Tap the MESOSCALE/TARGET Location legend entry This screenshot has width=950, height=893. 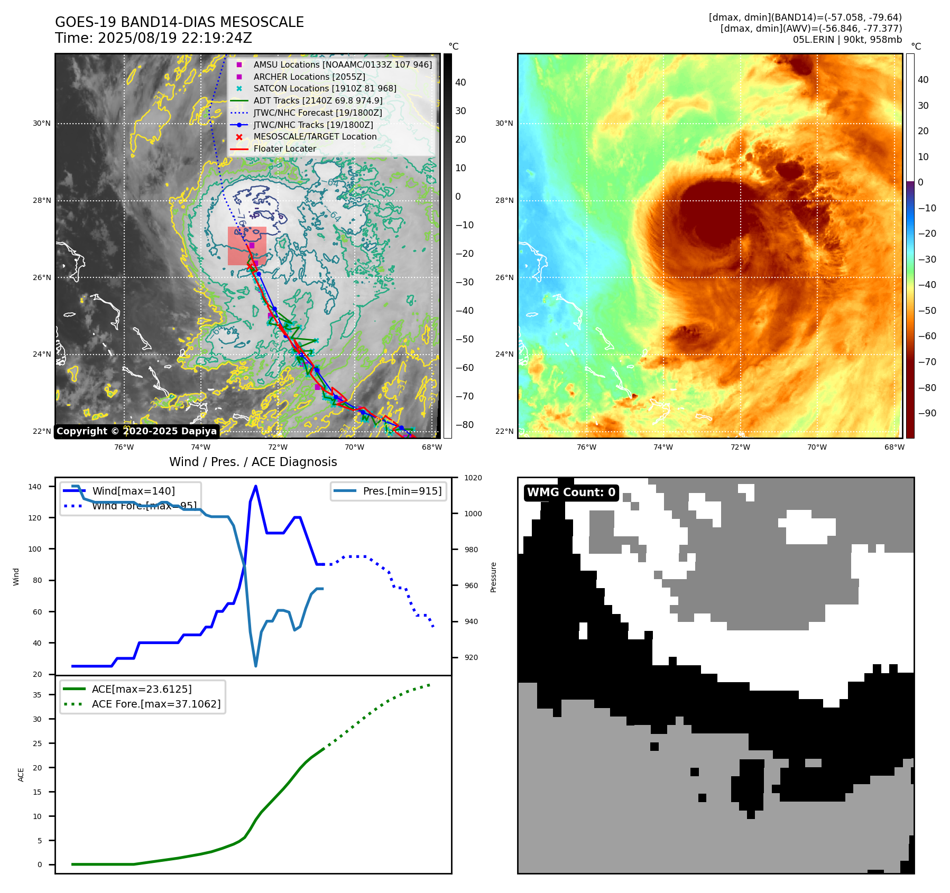(x=315, y=137)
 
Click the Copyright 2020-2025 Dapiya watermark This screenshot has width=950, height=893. (x=136, y=431)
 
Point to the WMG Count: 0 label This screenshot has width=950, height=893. (x=571, y=492)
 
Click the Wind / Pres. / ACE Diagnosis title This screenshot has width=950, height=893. (x=253, y=462)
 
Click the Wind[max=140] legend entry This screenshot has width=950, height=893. (x=133, y=491)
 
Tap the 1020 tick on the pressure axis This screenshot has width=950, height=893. (x=473, y=478)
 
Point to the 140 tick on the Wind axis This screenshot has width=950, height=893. (x=35, y=487)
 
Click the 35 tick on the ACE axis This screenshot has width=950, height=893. (x=37, y=695)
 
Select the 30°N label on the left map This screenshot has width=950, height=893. (x=42, y=124)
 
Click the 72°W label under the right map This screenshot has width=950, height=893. (x=740, y=447)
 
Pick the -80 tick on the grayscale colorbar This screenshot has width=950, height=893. (x=464, y=425)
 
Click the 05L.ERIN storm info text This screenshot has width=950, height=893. (x=847, y=40)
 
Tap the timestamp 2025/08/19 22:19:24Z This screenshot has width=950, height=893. (x=175, y=38)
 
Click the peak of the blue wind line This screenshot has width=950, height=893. (x=256, y=486)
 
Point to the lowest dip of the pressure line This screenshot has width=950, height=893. (x=256, y=666)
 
